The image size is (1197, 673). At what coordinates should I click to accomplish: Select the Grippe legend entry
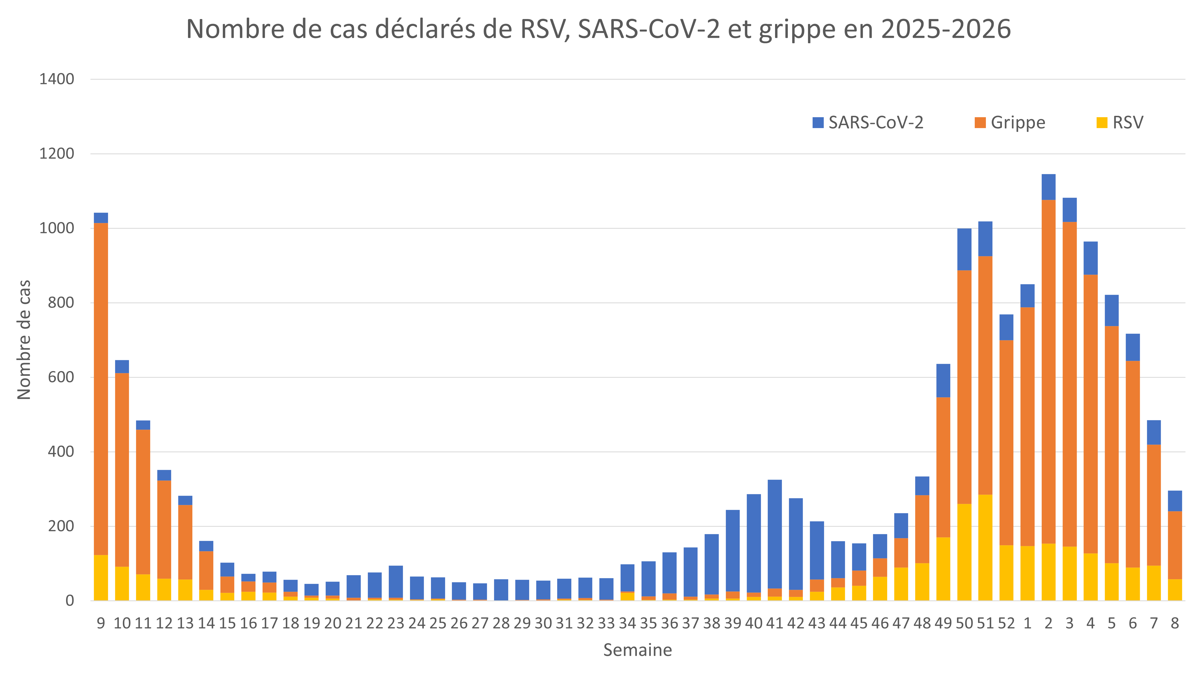1009,123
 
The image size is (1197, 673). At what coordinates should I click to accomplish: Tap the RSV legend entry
1120,123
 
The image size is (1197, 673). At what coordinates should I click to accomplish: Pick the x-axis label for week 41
775,623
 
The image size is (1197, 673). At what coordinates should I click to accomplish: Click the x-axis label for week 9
101,623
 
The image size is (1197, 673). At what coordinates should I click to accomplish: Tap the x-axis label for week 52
1007,623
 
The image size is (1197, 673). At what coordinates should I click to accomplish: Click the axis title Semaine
637,650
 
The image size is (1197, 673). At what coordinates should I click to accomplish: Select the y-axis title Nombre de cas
24,340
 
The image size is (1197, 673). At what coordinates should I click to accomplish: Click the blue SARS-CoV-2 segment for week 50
964,249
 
